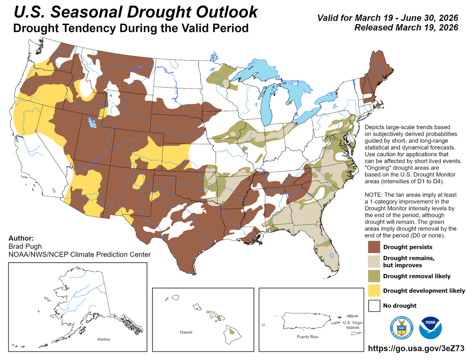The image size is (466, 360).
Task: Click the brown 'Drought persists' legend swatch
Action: (x=375, y=247)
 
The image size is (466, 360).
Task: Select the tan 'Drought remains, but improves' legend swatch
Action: (x=375, y=261)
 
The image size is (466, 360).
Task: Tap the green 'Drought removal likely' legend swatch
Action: (x=375, y=276)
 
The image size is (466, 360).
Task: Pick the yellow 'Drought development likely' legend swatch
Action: (x=375, y=290)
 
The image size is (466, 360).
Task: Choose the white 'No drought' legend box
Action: (x=375, y=305)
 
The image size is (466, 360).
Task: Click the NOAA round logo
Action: (x=431, y=328)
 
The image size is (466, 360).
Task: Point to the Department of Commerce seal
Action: (x=401, y=328)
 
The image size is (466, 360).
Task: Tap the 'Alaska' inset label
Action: (x=103, y=340)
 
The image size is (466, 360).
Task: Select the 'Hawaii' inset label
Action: (x=186, y=332)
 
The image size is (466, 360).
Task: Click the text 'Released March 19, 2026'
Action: (x=406, y=28)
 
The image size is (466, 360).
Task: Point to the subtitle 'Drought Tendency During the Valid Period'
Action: (x=131, y=28)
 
